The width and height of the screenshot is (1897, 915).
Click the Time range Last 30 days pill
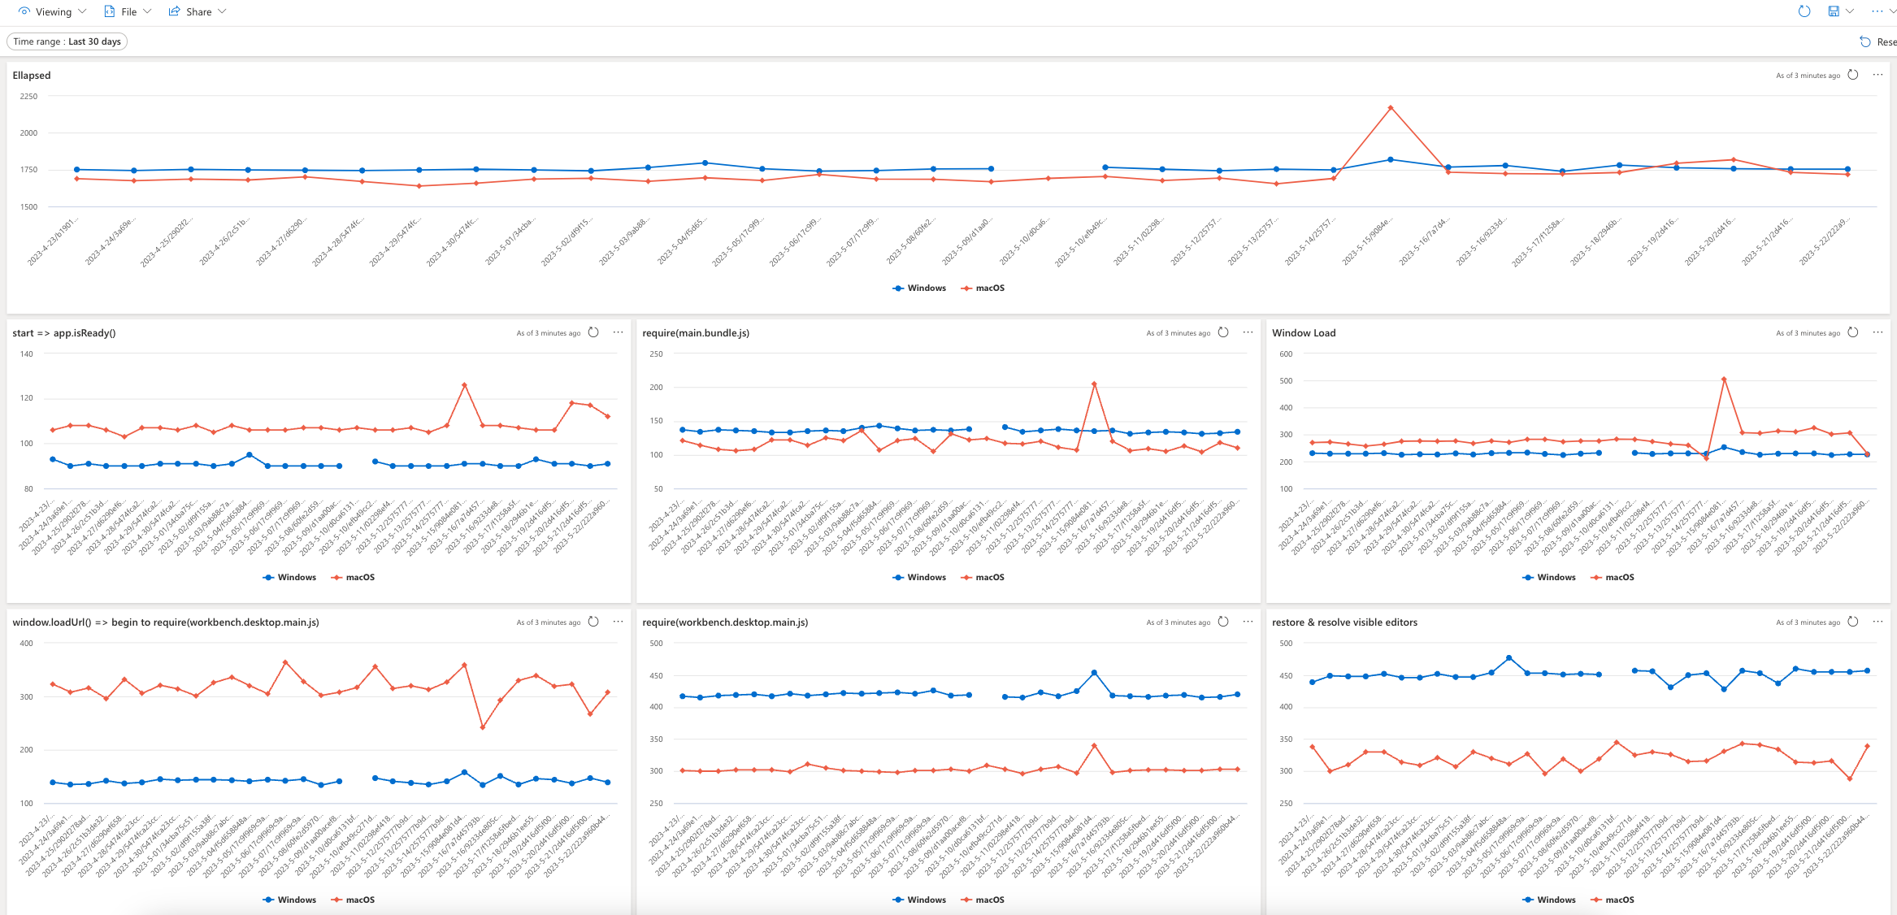click(x=67, y=41)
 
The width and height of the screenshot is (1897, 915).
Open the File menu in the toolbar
click(x=128, y=11)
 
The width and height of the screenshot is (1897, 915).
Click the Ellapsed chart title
click(x=32, y=75)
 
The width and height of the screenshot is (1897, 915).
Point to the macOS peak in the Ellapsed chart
click(x=1391, y=107)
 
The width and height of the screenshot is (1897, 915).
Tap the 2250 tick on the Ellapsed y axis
click(x=29, y=96)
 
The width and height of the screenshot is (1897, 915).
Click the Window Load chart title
click(x=1304, y=332)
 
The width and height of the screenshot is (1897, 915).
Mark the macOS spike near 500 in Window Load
click(x=1724, y=379)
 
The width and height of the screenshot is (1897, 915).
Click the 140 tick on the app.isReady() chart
click(x=27, y=353)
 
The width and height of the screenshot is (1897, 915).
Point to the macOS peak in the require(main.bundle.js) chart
click(x=1095, y=384)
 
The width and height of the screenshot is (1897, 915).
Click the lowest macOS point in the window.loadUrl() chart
click(x=483, y=727)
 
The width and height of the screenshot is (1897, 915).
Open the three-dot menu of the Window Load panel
click(x=1877, y=332)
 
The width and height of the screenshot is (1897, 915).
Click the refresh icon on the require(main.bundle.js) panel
click(x=1223, y=332)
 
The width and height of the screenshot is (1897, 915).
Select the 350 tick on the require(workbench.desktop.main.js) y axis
click(x=655, y=739)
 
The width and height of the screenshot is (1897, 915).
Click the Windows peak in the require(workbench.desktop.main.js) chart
click(x=1095, y=673)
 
